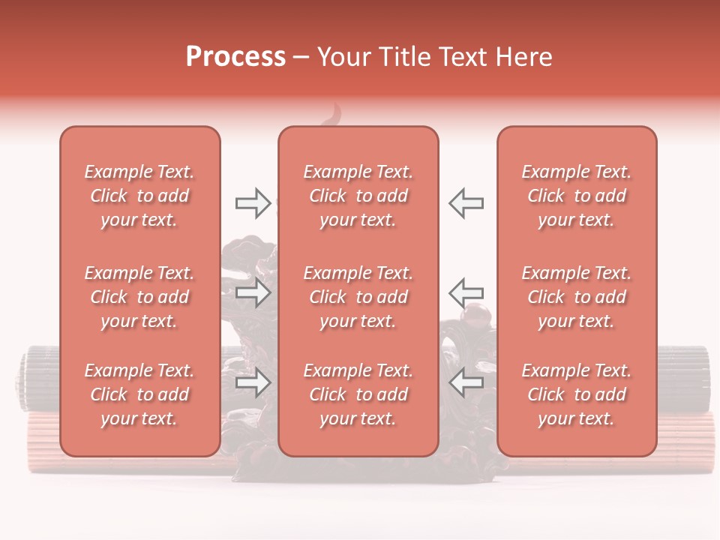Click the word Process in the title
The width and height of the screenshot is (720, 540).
235,57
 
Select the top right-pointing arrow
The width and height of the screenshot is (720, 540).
253,202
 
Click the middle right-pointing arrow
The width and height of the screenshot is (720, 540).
253,292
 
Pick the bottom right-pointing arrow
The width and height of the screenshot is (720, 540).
253,383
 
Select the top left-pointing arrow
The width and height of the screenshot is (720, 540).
466,202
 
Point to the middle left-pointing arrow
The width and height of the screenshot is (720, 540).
466,292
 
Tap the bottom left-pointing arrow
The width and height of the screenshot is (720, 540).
466,383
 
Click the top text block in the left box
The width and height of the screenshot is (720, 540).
139,196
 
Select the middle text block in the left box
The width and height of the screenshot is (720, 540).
139,297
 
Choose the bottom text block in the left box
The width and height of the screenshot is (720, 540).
139,394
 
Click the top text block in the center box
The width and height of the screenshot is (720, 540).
358,196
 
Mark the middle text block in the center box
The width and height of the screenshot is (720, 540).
358,297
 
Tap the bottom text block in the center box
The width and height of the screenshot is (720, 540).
358,394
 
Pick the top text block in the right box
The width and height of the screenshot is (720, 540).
576,196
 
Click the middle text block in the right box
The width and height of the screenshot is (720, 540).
576,297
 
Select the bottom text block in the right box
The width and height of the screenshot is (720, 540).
576,394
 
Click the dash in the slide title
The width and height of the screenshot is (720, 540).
301,58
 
